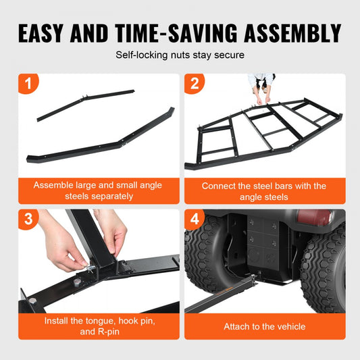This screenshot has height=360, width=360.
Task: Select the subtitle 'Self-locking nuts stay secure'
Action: click(x=180, y=55)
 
